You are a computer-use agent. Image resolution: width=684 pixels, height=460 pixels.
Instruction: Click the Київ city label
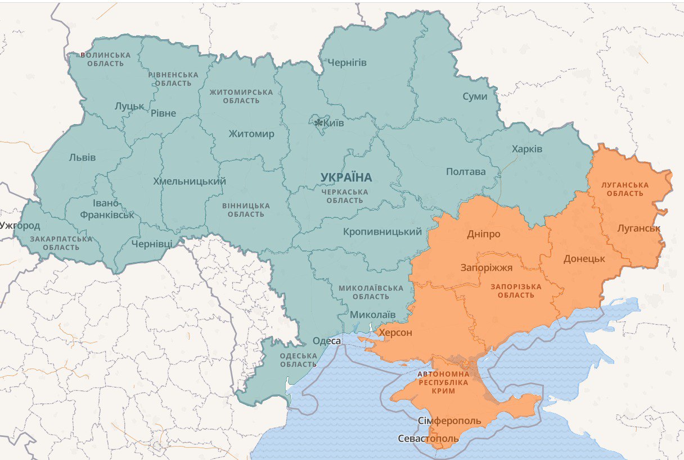[334, 123]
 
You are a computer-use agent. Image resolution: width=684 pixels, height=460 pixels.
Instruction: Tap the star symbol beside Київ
[318, 122]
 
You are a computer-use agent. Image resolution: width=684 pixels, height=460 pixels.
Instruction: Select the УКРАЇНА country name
[346, 177]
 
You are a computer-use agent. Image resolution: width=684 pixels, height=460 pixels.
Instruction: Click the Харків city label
[526, 149]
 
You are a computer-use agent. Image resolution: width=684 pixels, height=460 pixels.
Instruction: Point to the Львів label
[82, 157]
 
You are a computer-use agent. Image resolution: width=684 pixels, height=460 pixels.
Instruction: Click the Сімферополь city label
[449, 421]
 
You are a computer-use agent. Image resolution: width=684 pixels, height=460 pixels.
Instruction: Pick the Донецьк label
[584, 259]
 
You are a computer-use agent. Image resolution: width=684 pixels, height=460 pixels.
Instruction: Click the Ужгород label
[20, 226]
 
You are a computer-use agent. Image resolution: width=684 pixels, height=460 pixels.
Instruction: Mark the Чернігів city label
[346, 62]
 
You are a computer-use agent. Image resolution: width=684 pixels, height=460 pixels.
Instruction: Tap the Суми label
[475, 97]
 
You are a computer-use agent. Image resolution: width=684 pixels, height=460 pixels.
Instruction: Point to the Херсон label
[395, 333]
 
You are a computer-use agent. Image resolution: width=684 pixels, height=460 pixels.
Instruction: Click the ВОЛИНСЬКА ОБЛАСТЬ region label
[106, 59]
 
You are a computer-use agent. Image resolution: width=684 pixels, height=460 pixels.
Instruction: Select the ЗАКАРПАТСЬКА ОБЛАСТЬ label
[61, 243]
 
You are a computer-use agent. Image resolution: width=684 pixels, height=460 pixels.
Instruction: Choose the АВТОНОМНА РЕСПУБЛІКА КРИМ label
[443, 382]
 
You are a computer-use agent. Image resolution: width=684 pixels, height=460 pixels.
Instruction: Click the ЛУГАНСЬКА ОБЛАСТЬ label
[624, 189]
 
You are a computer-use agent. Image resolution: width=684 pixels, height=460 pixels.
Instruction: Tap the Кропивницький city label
[382, 232]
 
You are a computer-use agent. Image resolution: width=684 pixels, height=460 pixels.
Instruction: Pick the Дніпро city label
[483, 234]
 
